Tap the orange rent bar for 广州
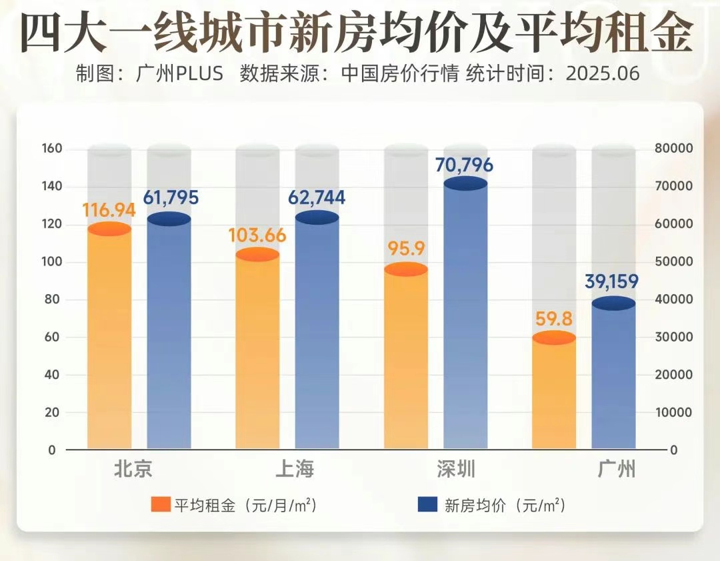coord(554,394)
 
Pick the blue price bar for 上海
coord(317,334)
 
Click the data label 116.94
coord(109,210)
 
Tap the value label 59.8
coord(554,319)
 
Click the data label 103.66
coord(257,235)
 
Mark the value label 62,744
coord(317,197)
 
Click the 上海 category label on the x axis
coord(295,469)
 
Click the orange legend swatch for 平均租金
coord(161,505)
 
